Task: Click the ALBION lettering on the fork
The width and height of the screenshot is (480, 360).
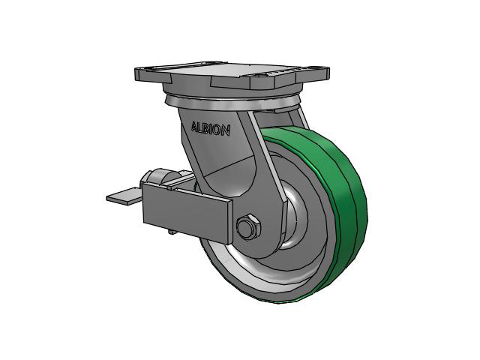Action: [211, 128]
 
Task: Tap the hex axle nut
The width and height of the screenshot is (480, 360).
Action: [248, 226]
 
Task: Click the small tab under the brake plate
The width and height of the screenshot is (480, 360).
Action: [172, 232]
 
